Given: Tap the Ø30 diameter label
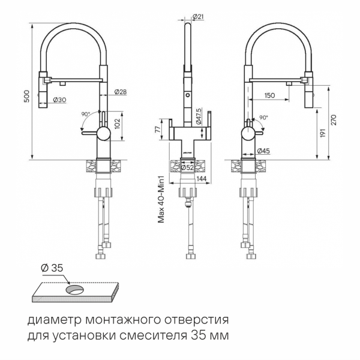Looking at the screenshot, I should (59, 100).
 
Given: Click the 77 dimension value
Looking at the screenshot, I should (158, 128).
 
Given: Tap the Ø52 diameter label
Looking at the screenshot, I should (187, 167).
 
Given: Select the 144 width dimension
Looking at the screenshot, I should (202, 179).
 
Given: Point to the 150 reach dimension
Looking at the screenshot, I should (269, 95).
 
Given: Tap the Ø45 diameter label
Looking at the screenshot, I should (263, 150).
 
